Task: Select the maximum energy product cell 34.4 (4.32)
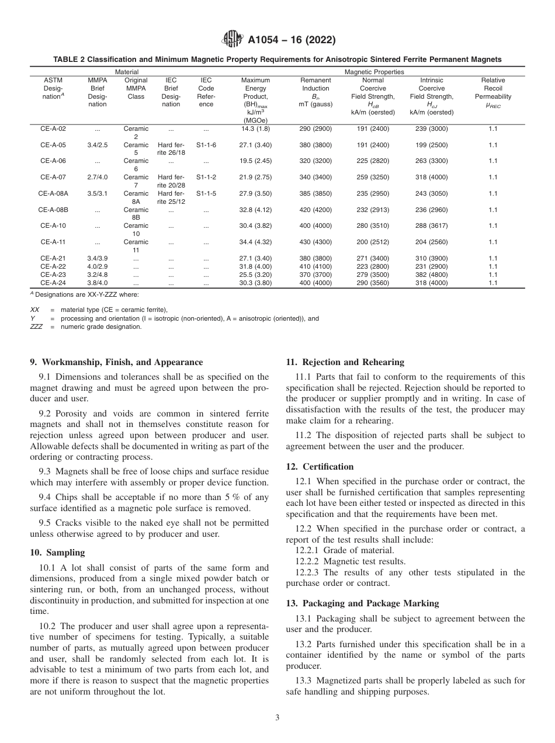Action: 255,242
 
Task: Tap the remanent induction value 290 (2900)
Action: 315,129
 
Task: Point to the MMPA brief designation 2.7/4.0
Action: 97,177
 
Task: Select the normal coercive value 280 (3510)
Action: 373,225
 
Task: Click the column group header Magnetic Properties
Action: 374,72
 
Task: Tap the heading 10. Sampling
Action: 57,553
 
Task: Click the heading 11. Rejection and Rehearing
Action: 337,362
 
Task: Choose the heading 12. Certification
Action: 320,467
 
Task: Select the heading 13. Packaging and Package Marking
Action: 362,603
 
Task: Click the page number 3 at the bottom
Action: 277,717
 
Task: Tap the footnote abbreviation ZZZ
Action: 37,327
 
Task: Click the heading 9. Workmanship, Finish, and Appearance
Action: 116,362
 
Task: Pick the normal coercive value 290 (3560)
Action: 373,283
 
